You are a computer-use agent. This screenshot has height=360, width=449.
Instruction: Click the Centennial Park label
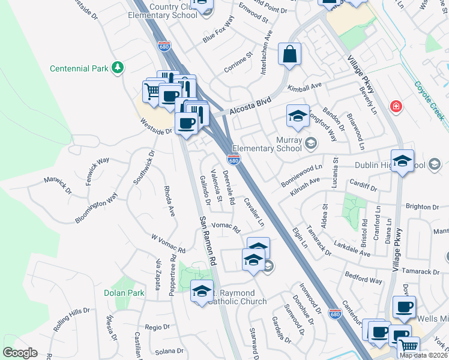[79, 68]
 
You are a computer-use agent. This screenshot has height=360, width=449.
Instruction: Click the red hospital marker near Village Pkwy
[396, 107]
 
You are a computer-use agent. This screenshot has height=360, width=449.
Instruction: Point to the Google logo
[20, 352]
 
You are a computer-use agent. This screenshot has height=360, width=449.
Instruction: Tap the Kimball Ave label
[305, 88]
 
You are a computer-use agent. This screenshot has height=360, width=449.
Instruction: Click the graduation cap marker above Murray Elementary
[298, 117]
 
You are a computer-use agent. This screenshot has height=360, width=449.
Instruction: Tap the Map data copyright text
[423, 355]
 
